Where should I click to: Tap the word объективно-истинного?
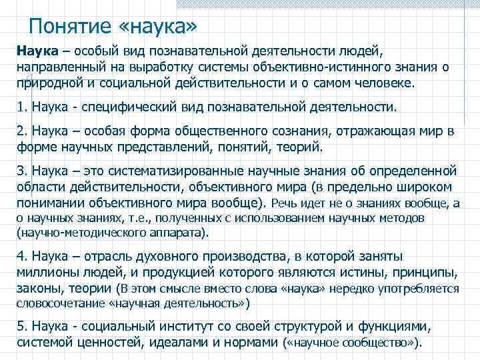(x=345, y=68)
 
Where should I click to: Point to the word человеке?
(x=379, y=85)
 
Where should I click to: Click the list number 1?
(x=21, y=106)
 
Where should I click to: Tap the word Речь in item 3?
(x=283, y=203)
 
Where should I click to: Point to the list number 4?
(x=21, y=257)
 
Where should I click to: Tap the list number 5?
(x=21, y=327)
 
